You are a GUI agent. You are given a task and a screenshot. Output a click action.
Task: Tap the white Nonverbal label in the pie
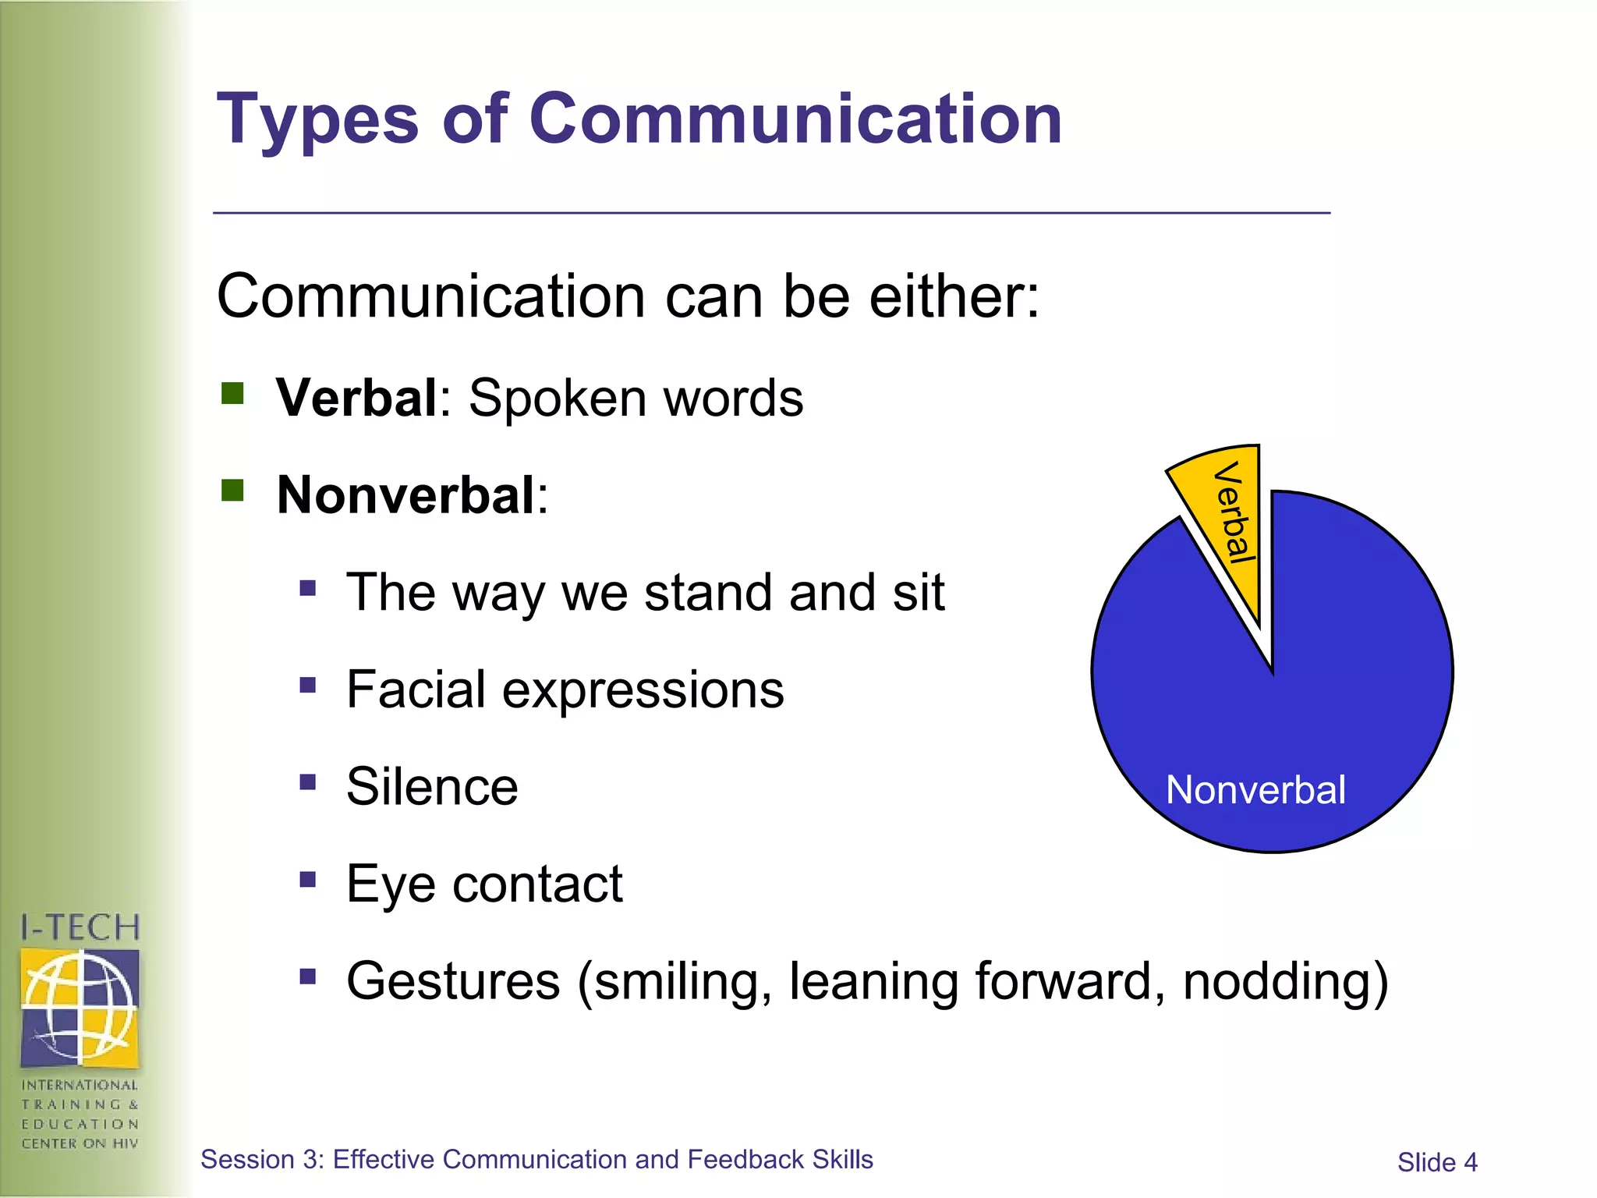point(1255,790)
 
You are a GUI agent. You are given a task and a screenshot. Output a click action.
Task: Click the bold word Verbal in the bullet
point(356,399)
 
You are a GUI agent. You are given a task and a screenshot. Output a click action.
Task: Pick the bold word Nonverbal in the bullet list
point(405,495)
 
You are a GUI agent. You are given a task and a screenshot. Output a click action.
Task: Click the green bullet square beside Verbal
point(232,393)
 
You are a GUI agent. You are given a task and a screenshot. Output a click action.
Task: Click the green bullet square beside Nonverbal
point(232,491)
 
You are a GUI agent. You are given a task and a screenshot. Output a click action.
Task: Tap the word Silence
point(432,786)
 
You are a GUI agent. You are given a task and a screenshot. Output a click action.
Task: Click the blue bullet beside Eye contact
point(307,880)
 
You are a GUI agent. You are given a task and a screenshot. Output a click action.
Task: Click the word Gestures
point(453,981)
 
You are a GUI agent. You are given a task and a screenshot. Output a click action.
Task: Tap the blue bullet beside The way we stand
point(307,587)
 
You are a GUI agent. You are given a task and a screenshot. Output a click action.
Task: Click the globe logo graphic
point(80,1007)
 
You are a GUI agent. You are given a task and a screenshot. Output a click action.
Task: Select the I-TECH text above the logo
point(80,928)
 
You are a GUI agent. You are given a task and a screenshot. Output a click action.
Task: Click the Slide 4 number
point(1436,1163)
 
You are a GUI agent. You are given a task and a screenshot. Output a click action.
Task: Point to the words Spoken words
point(636,399)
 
